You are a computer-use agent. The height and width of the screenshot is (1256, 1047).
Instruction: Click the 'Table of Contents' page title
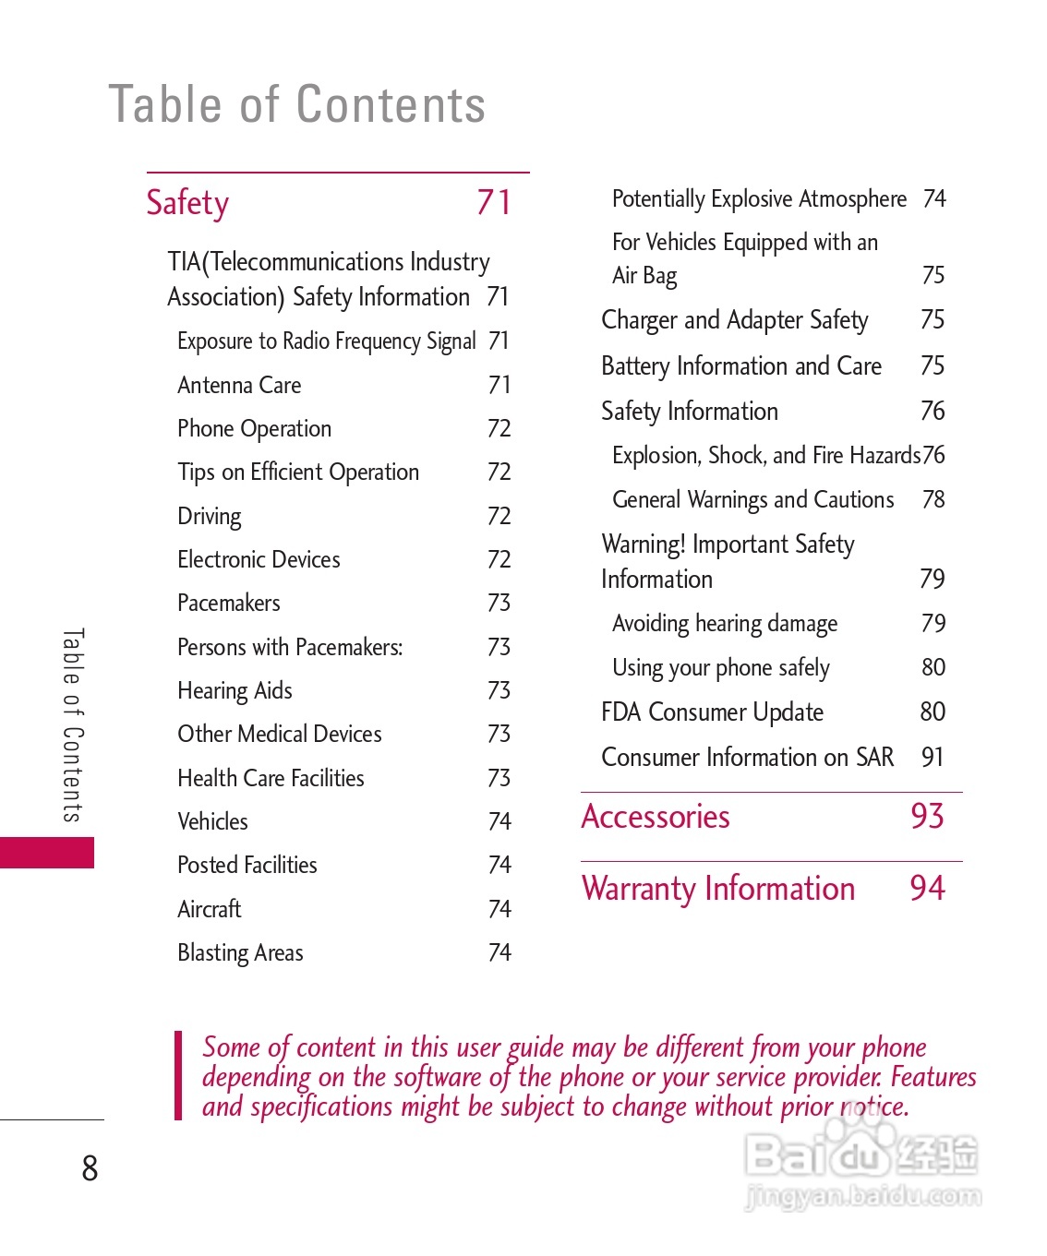[x=297, y=104]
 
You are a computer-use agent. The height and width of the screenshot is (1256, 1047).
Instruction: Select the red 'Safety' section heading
[x=187, y=203]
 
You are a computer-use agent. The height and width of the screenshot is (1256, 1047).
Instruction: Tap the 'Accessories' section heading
[x=656, y=817]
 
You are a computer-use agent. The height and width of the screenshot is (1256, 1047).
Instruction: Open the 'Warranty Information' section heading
[x=718, y=889]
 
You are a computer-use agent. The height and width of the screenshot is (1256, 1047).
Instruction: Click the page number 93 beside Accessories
[x=927, y=817]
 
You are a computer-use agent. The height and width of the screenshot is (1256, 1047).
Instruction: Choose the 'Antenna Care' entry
[x=239, y=385]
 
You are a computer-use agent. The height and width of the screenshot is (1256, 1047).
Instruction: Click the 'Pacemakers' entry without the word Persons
[x=229, y=604]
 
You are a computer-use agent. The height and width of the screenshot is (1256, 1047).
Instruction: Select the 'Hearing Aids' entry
[x=235, y=690]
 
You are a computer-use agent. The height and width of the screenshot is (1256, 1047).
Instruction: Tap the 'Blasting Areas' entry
[x=240, y=952]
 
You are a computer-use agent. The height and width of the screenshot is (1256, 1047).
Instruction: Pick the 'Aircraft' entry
[x=210, y=909]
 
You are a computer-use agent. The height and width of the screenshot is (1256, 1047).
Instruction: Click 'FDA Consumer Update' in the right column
[x=712, y=712]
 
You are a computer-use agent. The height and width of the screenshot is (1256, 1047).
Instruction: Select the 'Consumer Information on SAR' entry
[x=747, y=758]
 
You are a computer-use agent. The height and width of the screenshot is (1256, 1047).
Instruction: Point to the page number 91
[x=933, y=758]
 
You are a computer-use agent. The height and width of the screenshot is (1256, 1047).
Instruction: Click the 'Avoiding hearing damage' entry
[x=725, y=624]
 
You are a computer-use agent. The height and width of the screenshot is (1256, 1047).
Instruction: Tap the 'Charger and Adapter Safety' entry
[x=735, y=320]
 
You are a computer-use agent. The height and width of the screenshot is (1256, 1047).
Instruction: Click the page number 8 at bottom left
[x=90, y=1168]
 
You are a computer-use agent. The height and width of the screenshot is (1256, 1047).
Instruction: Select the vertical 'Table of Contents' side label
[x=73, y=725]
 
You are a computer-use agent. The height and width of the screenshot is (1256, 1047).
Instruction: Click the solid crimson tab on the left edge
[x=46, y=853]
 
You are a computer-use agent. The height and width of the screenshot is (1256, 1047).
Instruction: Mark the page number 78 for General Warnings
[x=933, y=499]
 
